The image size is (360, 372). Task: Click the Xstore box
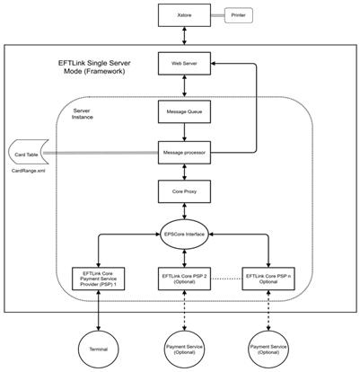(x=184, y=15)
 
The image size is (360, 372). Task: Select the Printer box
(x=239, y=15)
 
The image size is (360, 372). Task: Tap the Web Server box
(x=184, y=64)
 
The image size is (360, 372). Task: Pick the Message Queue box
(x=184, y=111)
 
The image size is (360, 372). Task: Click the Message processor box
(x=184, y=153)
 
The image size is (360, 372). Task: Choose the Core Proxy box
(x=184, y=191)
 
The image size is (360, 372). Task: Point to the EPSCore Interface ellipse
(x=184, y=235)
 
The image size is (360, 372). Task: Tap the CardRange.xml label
(x=29, y=171)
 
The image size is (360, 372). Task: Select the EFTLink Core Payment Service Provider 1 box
(x=99, y=279)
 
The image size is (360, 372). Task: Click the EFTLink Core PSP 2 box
(x=184, y=279)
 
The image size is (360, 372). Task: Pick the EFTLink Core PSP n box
(x=268, y=279)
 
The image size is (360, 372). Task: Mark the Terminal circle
(x=99, y=350)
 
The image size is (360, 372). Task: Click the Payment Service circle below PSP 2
(x=184, y=350)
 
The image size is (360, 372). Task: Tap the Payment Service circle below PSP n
(x=268, y=350)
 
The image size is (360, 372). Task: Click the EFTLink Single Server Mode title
(x=94, y=67)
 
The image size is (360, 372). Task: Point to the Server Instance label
(x=83, y=114)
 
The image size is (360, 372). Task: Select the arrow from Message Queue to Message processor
(x=184, y=132)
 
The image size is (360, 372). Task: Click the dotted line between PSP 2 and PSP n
(x=226, y=279)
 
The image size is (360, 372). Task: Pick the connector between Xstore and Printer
(x=217, y=15)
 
